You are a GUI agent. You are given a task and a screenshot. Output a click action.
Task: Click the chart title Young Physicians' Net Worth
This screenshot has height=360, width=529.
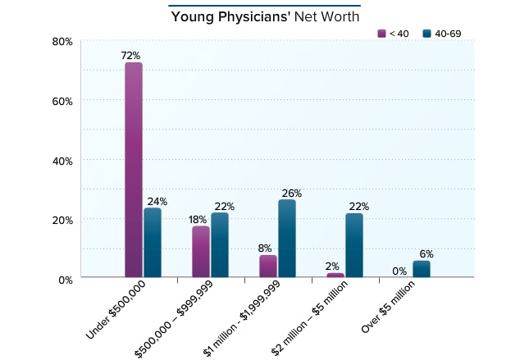click(264, 16)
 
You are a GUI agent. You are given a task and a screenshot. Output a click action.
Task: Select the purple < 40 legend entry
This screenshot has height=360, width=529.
click(393, 33)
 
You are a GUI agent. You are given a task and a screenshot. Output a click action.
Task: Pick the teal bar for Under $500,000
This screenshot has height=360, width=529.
click(153, 243)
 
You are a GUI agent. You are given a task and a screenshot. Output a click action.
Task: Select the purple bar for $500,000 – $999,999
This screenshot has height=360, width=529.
click(201, 252)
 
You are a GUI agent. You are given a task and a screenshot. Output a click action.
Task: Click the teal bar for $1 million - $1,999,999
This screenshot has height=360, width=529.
click(287, 239)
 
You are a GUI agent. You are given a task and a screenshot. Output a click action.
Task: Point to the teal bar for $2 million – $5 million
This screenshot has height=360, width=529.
click(354, 245)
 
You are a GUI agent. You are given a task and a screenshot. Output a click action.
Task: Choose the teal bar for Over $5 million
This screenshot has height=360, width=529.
click(422, 269)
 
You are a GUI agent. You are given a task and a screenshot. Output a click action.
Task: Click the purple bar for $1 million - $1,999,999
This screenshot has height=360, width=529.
click(268, 267)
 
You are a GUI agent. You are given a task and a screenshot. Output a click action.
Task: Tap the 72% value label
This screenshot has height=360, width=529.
click(133, 54)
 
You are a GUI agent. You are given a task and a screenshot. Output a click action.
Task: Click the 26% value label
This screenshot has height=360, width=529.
click(291, 194)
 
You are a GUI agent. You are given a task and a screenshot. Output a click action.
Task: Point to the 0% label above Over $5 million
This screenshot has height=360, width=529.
click(399, 271)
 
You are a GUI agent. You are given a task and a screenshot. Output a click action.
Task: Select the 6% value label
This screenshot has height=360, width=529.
click(426, 253)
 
